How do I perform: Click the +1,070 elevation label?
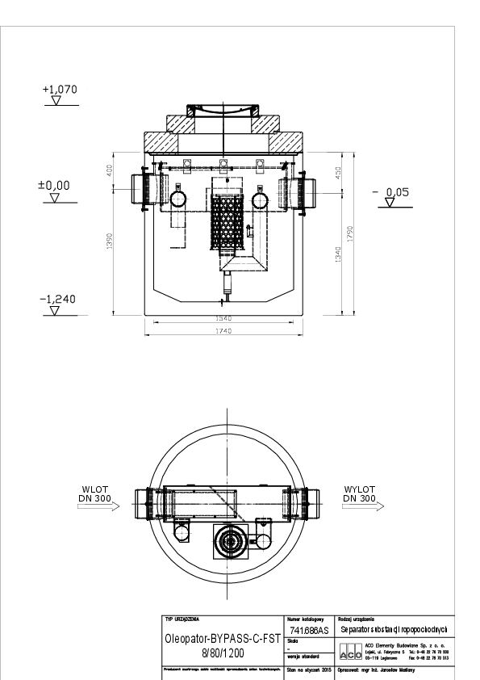point(59,90)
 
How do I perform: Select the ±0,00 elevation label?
point(54,185)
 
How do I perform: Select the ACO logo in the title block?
point(351,653)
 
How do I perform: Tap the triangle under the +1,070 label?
point(56,102)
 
